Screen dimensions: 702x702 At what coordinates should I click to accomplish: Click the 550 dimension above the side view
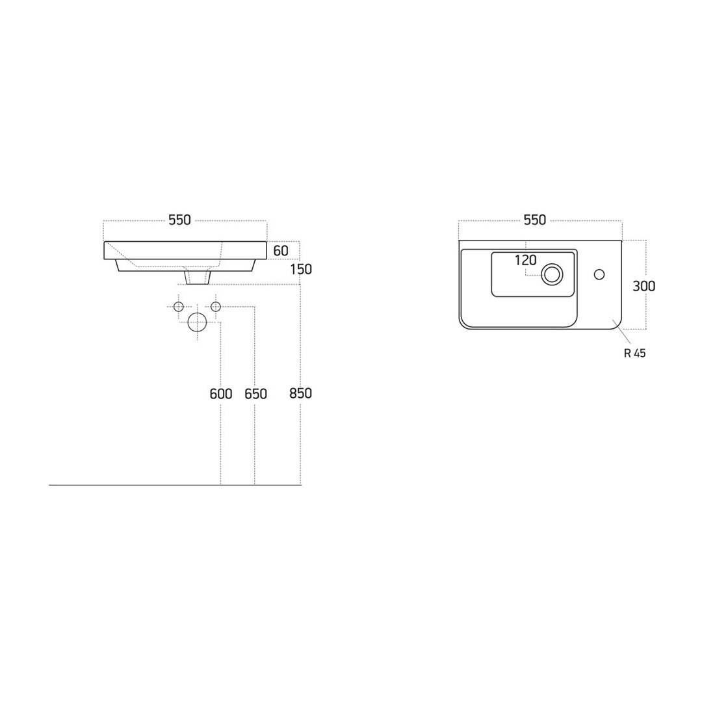(179, 220)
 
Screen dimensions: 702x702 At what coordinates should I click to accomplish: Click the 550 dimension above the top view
(535, 220)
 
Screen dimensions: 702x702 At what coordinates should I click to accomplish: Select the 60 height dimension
(281, 251)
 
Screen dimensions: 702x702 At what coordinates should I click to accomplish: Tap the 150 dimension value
(302, 269)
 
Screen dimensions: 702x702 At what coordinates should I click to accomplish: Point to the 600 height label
(221, 394)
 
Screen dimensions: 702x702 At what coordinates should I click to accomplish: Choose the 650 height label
(255, 394)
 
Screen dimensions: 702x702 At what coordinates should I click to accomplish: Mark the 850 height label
(300, 393)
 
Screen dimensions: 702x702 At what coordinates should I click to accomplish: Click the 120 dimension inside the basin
(526, 260)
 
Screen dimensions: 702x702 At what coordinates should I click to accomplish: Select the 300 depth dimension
(643, 285)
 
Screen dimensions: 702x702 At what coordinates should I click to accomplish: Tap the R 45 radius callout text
(635, 353)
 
